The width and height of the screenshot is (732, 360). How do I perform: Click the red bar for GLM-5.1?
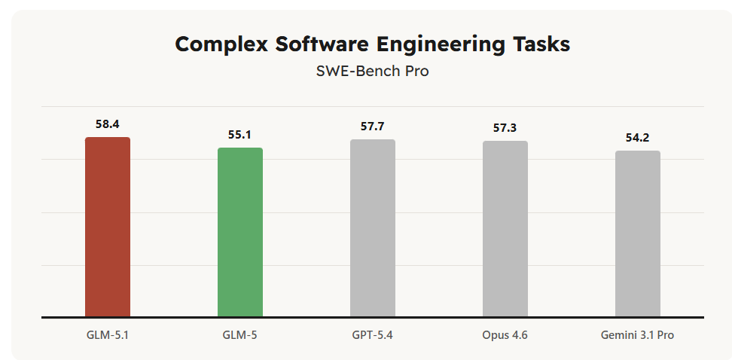tap(108, 227)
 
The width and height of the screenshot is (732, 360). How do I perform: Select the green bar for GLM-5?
tap(240, 232)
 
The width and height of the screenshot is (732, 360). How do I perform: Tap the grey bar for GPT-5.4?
tap(373, 228)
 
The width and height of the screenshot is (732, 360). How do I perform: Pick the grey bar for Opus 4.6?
tap(505, 229)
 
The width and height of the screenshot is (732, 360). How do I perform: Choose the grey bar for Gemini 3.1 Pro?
tap(638, 233)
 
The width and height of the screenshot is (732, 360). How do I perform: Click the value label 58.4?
tap(108, 124)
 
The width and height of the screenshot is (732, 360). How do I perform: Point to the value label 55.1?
tap(240, 135)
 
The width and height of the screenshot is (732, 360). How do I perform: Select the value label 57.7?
tap(373, 127)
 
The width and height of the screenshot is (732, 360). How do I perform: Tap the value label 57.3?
tap(505, 128)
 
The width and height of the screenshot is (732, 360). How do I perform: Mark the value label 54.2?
tap(638, 138)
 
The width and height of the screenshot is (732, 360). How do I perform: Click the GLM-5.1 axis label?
tap(108, 335)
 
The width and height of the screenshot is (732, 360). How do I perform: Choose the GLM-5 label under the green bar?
tap(240, 335)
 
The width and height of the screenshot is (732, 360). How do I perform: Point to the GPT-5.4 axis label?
tap(373, 335)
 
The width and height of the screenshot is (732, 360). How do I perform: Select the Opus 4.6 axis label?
tap(505, 335)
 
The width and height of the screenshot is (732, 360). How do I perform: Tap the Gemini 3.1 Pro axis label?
tap(638, 335)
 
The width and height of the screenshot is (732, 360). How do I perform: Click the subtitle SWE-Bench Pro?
tap(373, 72)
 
